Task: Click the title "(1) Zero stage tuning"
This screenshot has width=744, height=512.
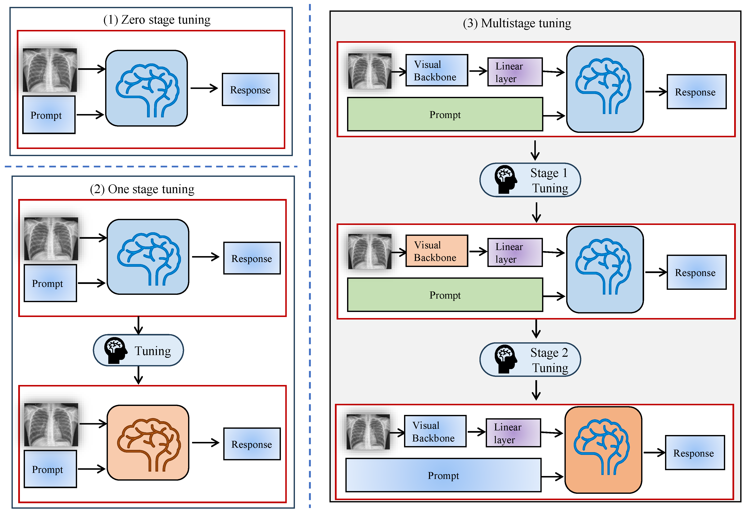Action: point(157,20)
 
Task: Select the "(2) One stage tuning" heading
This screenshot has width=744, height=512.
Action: point(142,189)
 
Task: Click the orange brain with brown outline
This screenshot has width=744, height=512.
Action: point(148,443)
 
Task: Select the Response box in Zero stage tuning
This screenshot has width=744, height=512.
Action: point(251,90)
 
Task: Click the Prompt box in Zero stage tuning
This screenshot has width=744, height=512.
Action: point(49,115)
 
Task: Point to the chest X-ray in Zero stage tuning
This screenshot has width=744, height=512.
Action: point(50,70)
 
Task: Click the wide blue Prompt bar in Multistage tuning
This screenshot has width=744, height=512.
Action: point(443,475)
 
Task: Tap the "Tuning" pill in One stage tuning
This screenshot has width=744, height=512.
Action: point(138,350)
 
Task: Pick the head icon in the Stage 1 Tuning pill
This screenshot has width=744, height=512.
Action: point(505,179)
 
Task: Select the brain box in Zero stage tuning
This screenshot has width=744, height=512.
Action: point(146,88)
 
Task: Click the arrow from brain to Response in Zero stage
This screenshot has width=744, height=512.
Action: point(204,88)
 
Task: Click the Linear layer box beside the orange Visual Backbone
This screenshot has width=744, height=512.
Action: point(515,253)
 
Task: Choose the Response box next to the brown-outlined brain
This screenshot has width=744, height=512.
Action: point(252,444)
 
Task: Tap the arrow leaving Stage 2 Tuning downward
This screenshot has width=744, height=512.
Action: point(536,390)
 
